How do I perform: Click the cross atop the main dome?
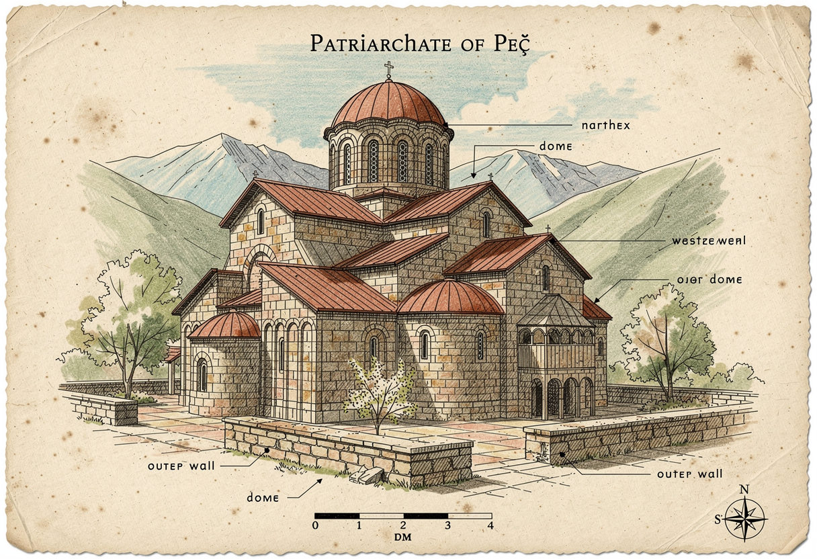pyautogui.click(x=388, y=69)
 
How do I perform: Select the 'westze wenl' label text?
pyautogui.click(x=708, y=241)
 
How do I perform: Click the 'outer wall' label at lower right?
pyautogui.click(x=689, y=474)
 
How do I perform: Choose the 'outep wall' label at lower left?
pyautogui.click(x=181, y=465)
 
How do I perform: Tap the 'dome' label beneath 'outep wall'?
pyautogui.click(x=267, y=498)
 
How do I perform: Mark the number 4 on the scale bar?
pyautogui.click(x=490, y=525)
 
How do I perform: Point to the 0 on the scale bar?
pyautogui.click(x=316, y=525)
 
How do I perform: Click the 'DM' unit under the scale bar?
pyautogui.click(x=402, y=537)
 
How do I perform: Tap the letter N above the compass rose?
pyautogui.click(x=744, y=490)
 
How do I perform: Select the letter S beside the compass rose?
pyautogui.click(x=717, y=519)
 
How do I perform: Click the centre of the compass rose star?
pyautogui.click(x=744, y=519)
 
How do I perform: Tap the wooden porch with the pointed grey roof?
pyautogui.click(x=556, y=356)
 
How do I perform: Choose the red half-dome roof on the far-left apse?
pyautogui.click(x=224, y=325)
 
